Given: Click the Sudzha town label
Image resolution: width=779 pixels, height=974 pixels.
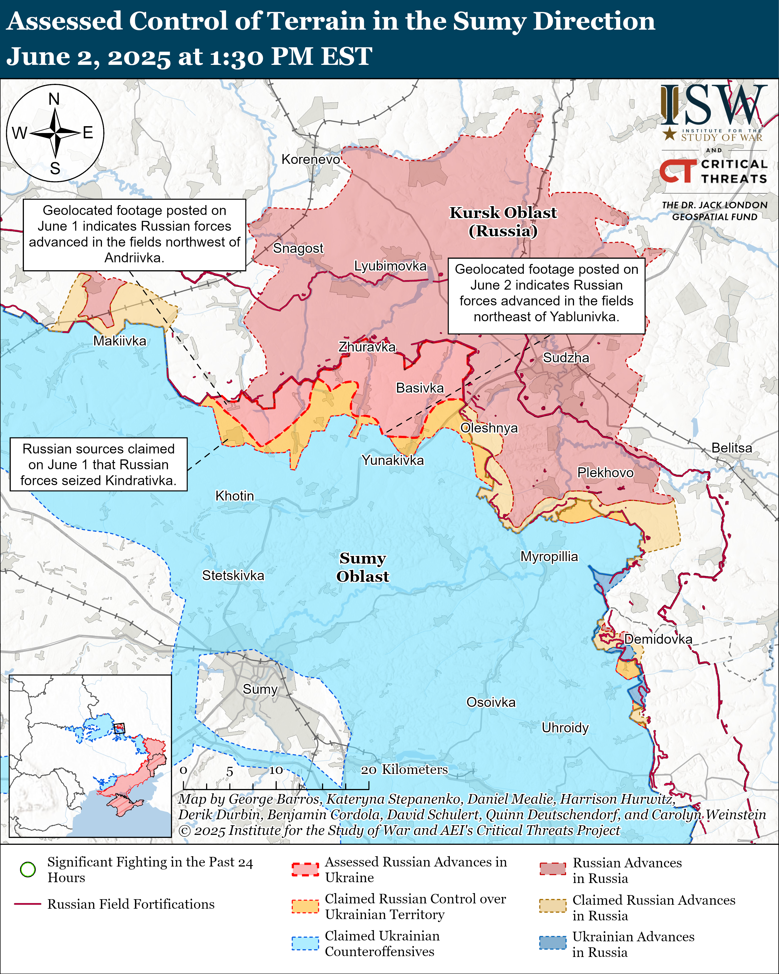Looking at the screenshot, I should [565, 358].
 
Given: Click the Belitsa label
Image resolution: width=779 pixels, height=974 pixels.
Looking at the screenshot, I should [731, 448].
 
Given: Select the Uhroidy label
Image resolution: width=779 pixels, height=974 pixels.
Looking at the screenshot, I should [565, 728].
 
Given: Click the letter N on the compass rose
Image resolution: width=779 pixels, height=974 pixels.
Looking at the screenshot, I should [54, 99].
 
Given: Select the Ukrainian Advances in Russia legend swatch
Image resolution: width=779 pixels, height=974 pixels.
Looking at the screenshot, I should [552, 943].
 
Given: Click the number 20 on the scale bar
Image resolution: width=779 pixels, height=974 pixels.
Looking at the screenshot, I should [368, 770].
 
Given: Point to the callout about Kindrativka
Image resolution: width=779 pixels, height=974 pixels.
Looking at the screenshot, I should [98, 464].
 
